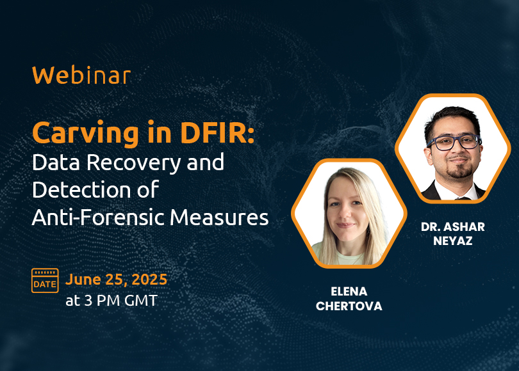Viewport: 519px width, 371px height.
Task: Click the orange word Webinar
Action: tap(81, 75)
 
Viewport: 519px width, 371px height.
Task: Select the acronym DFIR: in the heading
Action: tap(217, 133)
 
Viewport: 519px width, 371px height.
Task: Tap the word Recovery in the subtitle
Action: tap(134, 164)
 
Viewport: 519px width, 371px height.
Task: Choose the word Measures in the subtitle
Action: tap(219, 217)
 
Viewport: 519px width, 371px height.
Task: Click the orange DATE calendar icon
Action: tap(45, 280)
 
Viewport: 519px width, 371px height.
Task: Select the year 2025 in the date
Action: tap(149, 280)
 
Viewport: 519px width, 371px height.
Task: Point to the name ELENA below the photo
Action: tap(349, 292)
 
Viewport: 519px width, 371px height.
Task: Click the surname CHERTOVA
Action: tap(349, 306)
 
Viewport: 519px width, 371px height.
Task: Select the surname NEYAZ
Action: tap(452, 241)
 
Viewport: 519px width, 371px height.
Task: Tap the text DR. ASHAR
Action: tap(453, 226)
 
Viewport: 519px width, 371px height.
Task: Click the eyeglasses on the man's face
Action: tap(454, 143)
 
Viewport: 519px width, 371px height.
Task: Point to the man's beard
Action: tap(460, 170)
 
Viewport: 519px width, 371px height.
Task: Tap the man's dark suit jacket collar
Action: tap(430, 192)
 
